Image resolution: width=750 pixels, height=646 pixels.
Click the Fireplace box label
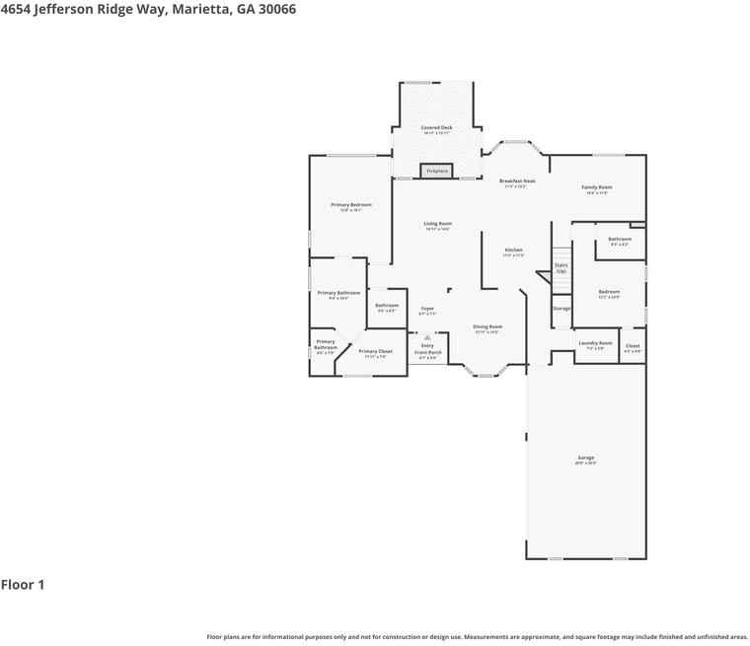tap(437, 171)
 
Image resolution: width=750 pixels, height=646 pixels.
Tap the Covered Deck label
tap(437, 128)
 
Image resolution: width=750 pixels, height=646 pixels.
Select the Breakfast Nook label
tap(517, 181)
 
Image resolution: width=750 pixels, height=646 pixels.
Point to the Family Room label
tap(597, 187)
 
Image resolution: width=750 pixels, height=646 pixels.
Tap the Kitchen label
tap(513, 251)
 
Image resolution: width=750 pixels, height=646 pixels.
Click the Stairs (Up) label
tap(561, 266)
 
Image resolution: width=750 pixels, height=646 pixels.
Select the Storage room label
tap(561, 309)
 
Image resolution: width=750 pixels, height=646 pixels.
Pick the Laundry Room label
tap(595, 343)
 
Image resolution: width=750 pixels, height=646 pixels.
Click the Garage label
tap(585, 459)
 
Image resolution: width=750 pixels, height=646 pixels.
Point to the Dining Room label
tap(487, 326)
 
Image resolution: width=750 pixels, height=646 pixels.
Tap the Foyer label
tap(427, 309)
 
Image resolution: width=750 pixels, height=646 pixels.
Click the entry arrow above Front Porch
tap(427, 336)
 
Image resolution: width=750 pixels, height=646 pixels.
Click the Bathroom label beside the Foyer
tap(387, 306)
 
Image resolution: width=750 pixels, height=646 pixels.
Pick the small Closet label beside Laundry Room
tap(633, 346)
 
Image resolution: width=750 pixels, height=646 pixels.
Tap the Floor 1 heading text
tap(23, 585)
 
